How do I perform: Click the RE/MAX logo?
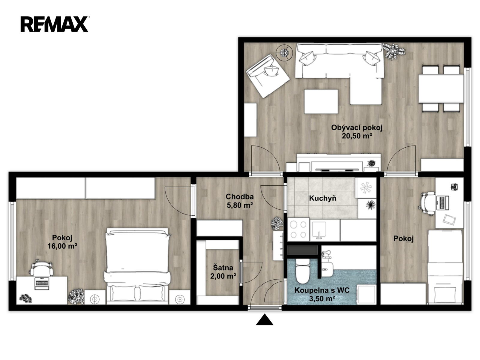pyautogui.click(x=55, y=24)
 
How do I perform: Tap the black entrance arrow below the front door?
pyautogui.click(x=265, y=319)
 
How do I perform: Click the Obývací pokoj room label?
pyautogui.click(x=357, y=127)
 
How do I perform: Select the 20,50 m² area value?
pyautogui.click(x=357, y=136)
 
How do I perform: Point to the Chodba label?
pyautogui.click(x=240, y=196)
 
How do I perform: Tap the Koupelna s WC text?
pyautogui.click(x=322, y=290)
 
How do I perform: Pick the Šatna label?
pyautogui.click(x=223, y=268)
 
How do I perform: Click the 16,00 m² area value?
pyautogui.click(x=62, y=246)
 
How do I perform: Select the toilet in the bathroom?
pyautogui.click(x=302, y=271)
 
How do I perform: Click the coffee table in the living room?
pyautogui.click(x=321, y=101)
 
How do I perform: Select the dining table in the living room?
pyautogui.click(x=441, y=88)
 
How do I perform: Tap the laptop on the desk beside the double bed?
pyautogui.click(x=41, y=283)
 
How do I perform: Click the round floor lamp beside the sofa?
pyautogui.click(x=284, y=52)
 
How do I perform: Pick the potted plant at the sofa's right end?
pyautogui.click(x=394, y=51)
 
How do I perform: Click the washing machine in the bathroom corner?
pyautogui.click(x=366, y=294)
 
